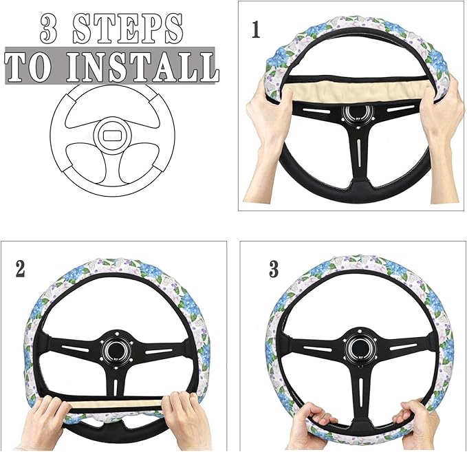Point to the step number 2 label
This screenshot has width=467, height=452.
click(x=21, y=269)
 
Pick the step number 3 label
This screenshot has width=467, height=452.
click(x=274, y=269)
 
